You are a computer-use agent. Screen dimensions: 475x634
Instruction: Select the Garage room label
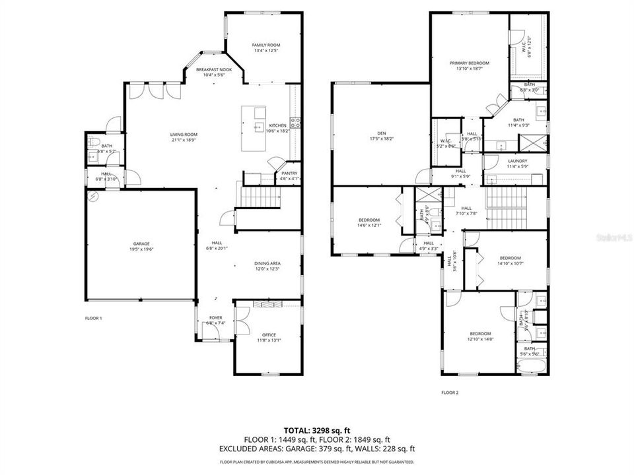click(x=140, y=243)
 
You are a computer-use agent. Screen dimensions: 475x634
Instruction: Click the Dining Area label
click(x=267, y=263)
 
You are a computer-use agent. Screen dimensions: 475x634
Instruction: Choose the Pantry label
click(x=289, y=173)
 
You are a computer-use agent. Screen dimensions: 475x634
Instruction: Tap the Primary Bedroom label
click(x=470, y=63)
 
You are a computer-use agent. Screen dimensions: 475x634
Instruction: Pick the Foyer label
click(x=216, y=317)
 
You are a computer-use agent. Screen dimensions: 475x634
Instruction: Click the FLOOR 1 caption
click(x=94, y=318)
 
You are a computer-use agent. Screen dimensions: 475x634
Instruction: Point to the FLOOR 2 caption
click(x=450, y=393)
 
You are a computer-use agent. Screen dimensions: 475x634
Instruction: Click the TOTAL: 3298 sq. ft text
click(x=317, y=430)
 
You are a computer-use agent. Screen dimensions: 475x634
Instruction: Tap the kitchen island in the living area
click(x=254, y=128)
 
